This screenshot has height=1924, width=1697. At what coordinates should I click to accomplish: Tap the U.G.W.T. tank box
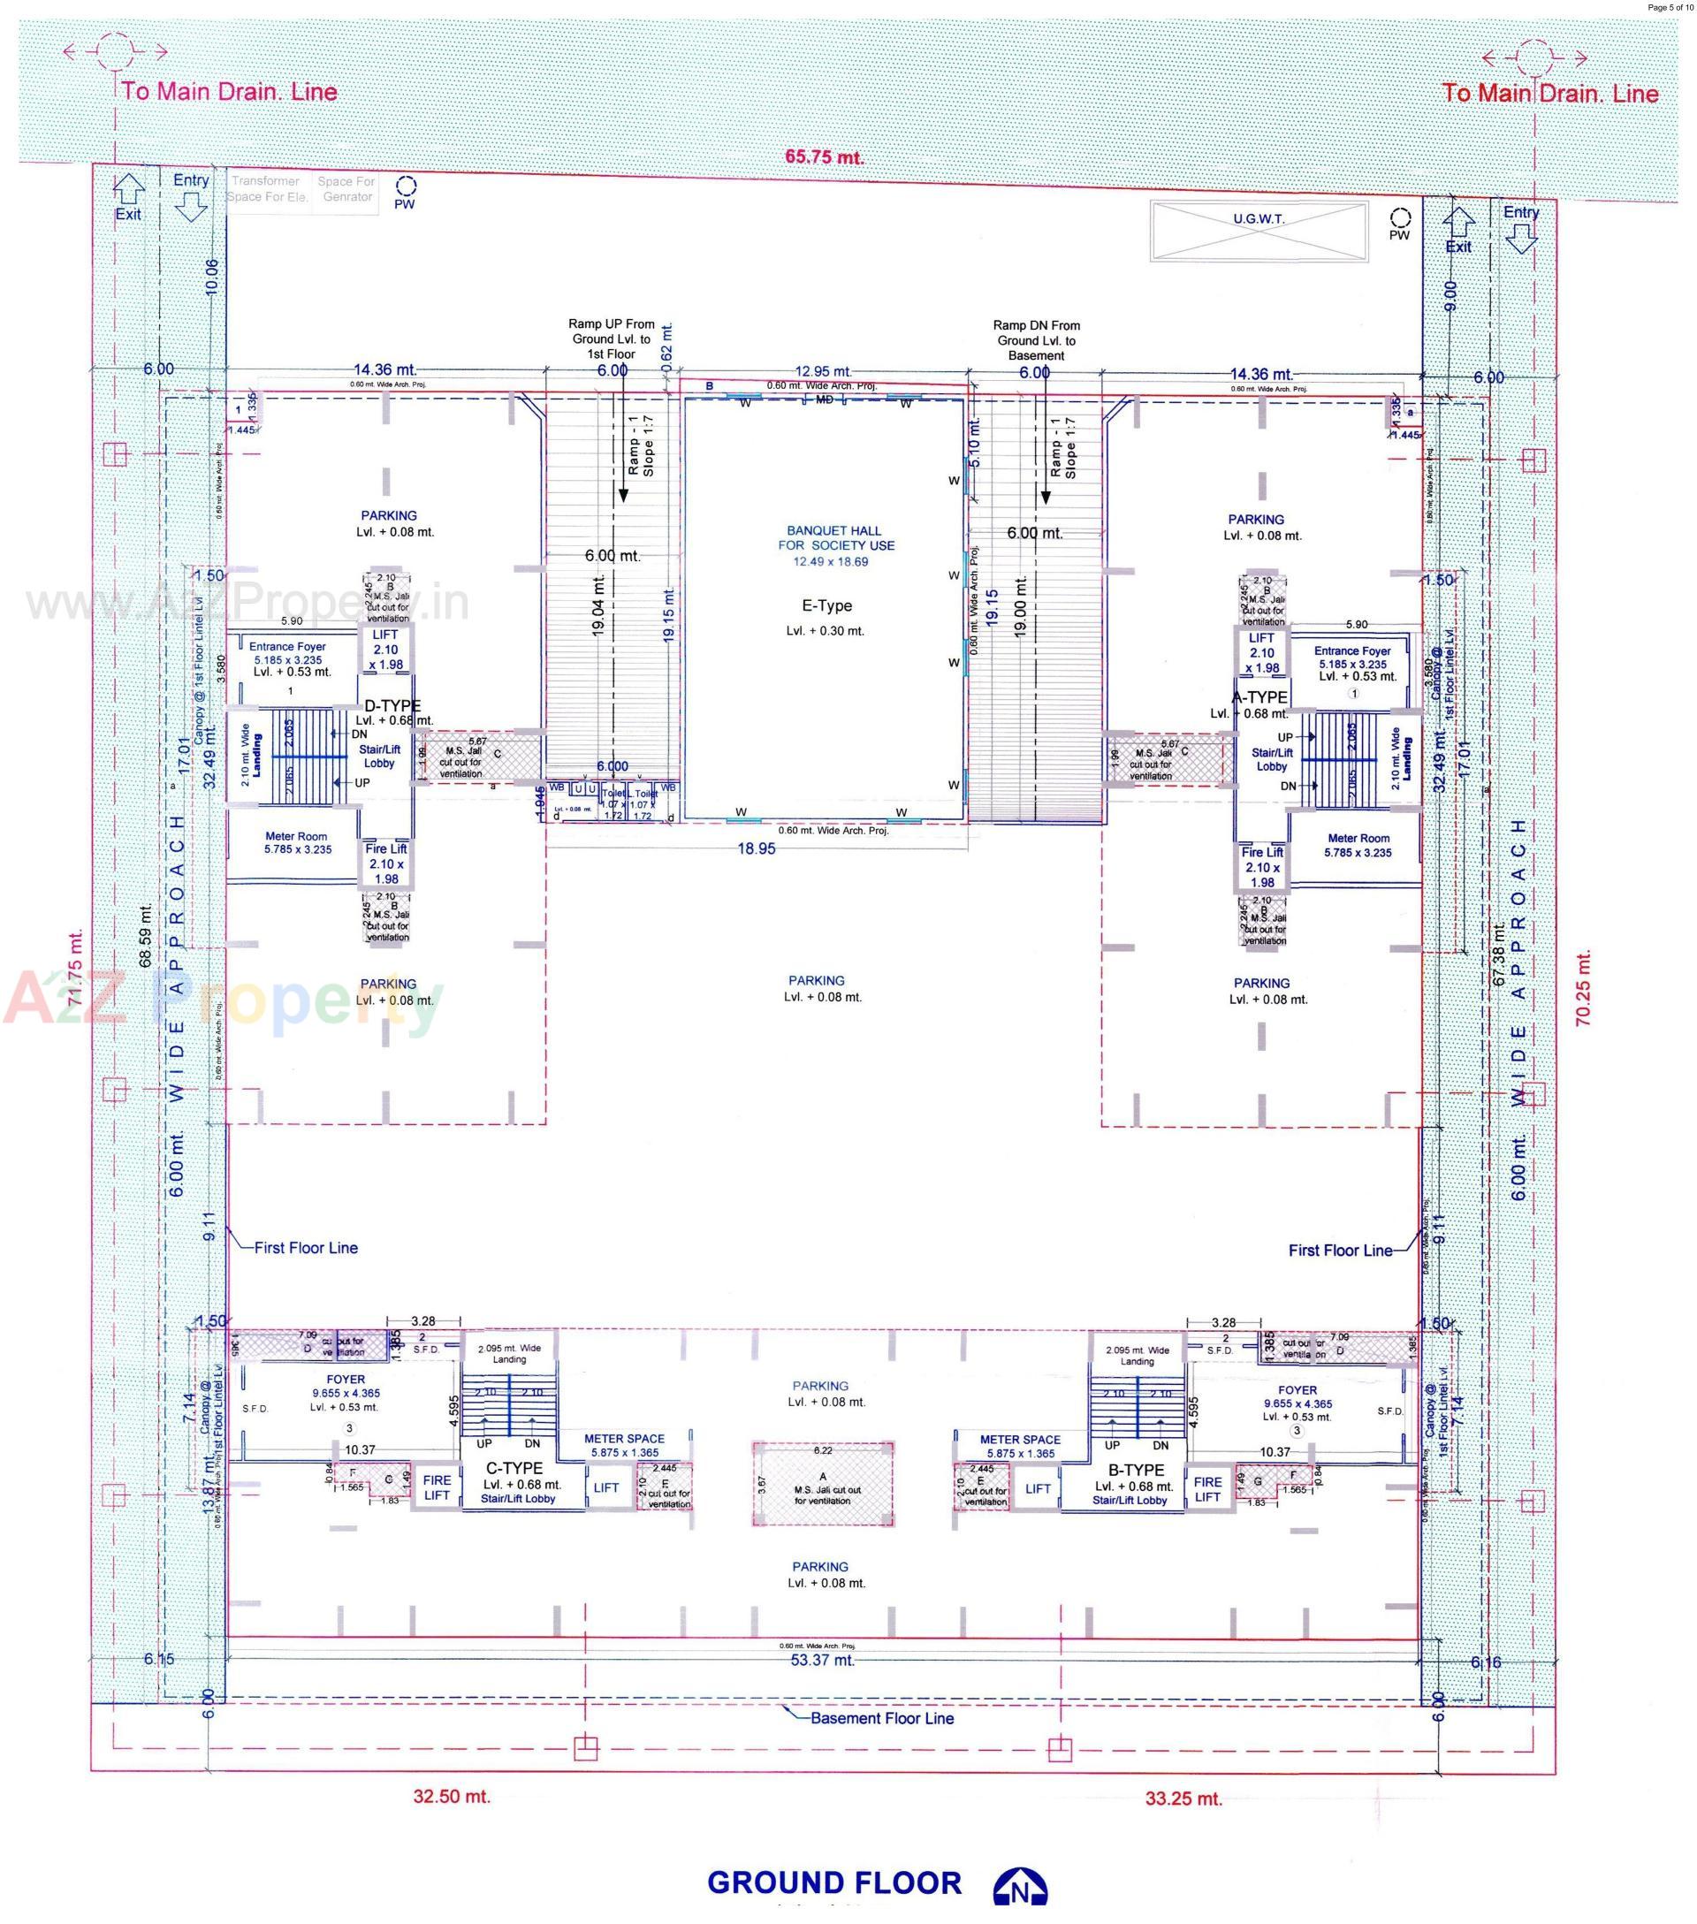(1258, 230)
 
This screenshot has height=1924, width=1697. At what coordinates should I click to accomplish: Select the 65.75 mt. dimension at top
(824, 156)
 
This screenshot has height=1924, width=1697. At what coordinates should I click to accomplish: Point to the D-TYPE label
(392, 706)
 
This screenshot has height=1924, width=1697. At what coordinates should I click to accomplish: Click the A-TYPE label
(1260, 697)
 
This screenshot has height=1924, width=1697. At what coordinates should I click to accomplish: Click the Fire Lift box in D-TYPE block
(386, 863)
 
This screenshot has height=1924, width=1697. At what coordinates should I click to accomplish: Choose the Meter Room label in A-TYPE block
(1358, 845)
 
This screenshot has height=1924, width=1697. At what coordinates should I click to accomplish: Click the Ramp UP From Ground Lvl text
(612, 338)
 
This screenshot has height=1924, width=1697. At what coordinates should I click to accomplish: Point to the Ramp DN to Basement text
(1036, 339)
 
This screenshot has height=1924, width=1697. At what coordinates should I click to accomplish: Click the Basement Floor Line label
(881, 1718)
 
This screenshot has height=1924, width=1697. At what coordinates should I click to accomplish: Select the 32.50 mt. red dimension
(452, 1796)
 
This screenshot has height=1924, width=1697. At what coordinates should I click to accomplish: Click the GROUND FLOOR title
(833, 1882)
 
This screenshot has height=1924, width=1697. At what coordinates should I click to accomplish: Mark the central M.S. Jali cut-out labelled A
(823, 1485)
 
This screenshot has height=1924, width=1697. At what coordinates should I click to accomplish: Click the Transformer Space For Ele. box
(267, 189)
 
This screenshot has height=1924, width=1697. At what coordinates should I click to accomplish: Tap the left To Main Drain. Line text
(229, 91)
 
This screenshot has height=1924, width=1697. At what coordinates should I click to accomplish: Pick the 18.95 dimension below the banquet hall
(756, 849)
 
